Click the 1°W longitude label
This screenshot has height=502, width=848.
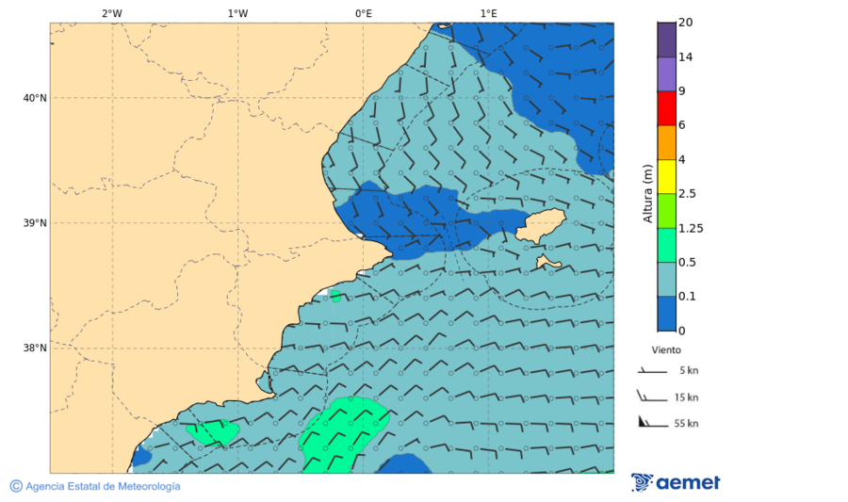pos(237,13)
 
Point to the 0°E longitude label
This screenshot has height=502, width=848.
pos(363,13)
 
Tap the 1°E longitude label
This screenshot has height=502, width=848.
pos(488,13)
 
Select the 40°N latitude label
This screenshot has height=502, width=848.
pos(34,98)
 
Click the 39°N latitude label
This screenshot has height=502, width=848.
pos(34,223)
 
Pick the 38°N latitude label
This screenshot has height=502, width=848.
pos(34,348)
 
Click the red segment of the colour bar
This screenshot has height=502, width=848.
pos(666,108)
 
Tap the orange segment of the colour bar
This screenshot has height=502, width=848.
pos(666,142)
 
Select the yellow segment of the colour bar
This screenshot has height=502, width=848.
pos(666,176)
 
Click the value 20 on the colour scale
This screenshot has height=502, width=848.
pos(685,23)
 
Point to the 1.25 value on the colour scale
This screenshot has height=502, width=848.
pos(692,228)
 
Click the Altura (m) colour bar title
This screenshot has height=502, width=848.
pos(647,193)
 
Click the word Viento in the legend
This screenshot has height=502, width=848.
pos(666,349)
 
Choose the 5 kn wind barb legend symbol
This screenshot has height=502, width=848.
pos(652,372)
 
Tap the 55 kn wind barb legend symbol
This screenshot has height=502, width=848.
pos(650,422)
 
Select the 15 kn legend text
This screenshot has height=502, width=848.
pos(686,397)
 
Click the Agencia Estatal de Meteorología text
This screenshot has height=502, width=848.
pos(102,486)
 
